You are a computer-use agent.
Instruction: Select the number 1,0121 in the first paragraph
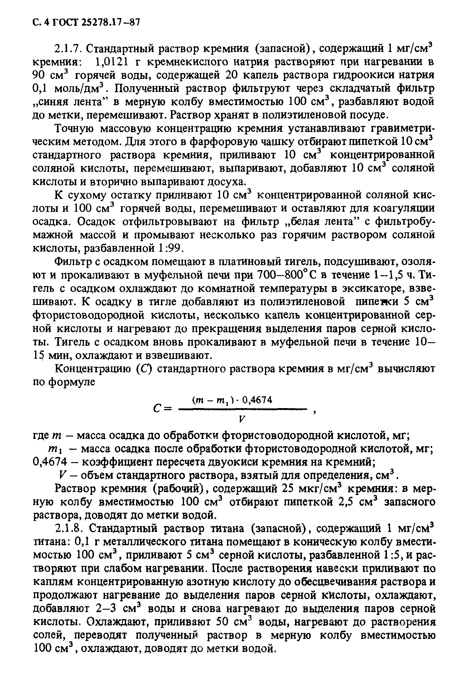point(111,62)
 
